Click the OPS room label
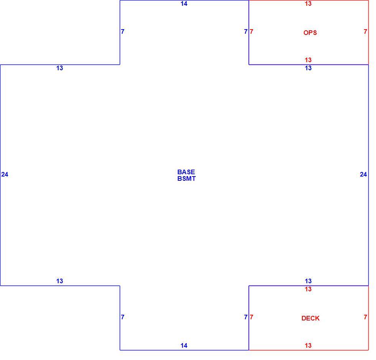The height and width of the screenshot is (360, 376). (310, 33)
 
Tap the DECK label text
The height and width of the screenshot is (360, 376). (310, 318)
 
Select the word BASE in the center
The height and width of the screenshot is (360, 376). (186, 172)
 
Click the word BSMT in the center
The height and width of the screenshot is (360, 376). (186, 178)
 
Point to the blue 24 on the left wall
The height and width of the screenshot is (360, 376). (5, 174)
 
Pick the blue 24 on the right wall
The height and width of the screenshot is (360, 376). (363, 174)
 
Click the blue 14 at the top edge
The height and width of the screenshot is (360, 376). (184, 3)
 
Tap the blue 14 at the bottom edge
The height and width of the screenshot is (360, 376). (184, 345)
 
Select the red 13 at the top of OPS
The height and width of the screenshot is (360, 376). (308, 3)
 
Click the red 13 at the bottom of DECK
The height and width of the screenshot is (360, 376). (308, 345)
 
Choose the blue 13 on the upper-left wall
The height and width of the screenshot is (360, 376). (59, 68)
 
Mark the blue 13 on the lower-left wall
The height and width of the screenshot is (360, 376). (59, 281)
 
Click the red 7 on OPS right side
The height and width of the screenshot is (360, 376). (365, 31)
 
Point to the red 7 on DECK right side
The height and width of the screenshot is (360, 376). (365, 317)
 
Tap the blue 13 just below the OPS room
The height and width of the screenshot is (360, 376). (308, 68)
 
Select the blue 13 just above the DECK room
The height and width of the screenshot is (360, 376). (308, 281)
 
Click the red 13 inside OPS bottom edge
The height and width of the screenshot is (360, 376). (308, 60)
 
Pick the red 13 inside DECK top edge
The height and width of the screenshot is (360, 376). (308, 289)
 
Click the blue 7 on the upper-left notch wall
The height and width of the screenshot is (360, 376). (122, 31)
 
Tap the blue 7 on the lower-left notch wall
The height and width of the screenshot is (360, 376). (122, 317)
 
